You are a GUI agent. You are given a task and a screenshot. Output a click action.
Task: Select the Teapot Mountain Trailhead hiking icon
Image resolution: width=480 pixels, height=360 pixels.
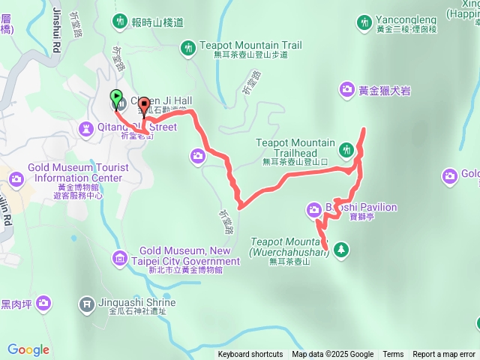point(346,150)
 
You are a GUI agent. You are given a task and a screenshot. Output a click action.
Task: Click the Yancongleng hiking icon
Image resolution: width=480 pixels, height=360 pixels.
point(364,22)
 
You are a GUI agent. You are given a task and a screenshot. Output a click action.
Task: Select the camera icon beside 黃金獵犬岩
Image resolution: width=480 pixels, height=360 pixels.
point(346,90)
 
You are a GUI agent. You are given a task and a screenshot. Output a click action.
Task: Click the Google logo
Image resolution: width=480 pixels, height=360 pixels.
point(28,349)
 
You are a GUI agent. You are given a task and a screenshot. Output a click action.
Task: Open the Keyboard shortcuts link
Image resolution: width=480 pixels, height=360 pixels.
point(250,355)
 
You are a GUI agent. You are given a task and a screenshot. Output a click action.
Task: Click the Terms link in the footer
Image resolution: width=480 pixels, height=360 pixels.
point(393,355)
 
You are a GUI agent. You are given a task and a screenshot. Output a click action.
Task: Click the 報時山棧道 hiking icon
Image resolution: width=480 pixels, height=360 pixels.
point(119,22)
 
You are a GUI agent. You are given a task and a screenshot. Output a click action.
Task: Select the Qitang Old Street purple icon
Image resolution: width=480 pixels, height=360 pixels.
point(88,127)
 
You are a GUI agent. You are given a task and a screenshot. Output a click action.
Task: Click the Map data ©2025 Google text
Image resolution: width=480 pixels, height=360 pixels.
point(333,355)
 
